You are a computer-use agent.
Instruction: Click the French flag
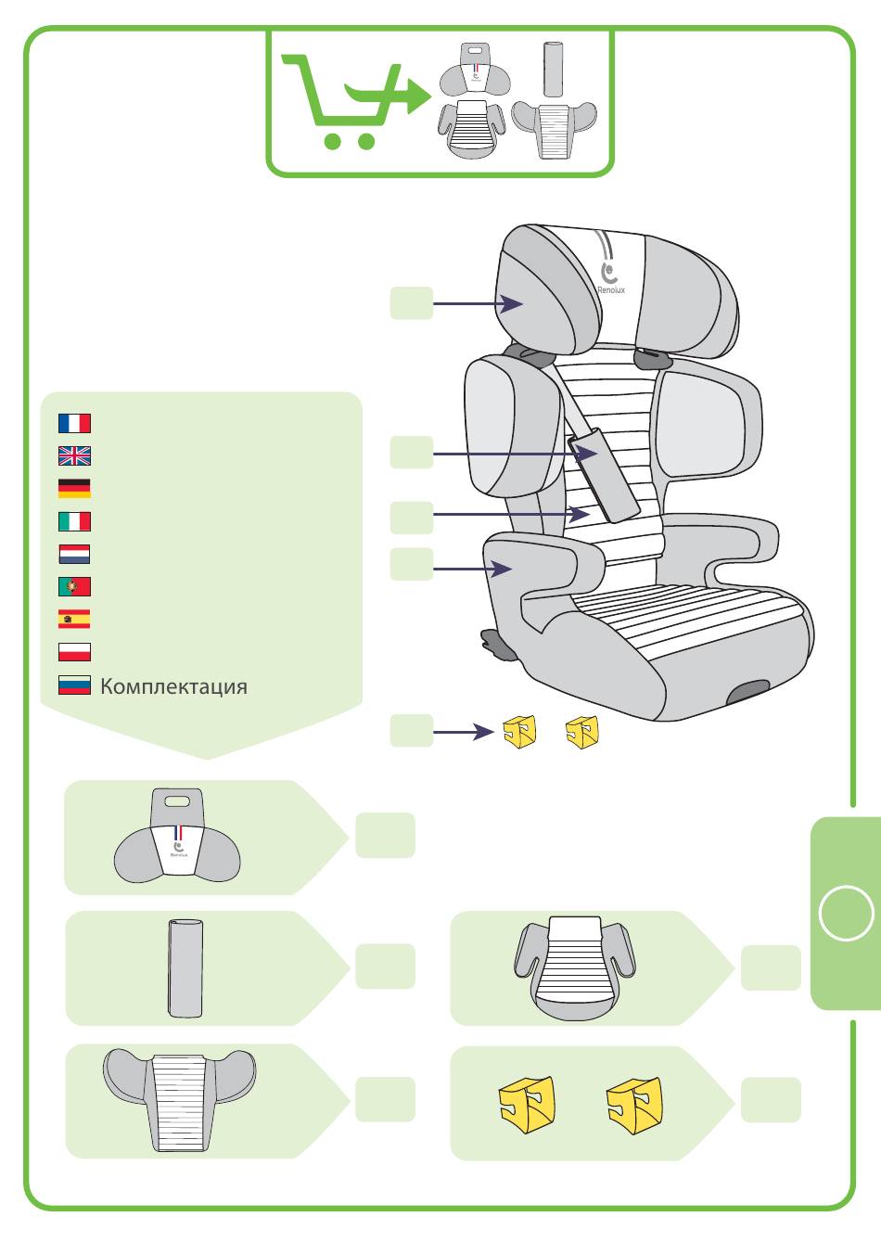[x=74, y=423]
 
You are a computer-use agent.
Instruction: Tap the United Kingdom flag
[x=74, y=455]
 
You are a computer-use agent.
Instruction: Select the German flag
[x=74, y=488]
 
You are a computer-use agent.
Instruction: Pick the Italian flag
[x=74, y=521]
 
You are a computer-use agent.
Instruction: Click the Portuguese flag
[x=74, y=586]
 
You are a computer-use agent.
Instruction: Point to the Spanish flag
[x=74, y=619]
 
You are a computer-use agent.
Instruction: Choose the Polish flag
[x=74, y=651]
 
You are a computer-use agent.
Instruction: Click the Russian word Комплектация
[x=173, y=686]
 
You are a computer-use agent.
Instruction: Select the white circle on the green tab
[x=846, y=913]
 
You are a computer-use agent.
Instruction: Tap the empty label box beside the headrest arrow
[x=411, y=303]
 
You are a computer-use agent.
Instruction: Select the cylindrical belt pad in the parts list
[x=185, y=967]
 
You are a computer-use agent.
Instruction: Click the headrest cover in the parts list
[x=177, y=839]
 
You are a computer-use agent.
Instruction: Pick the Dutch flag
[x=74, y=554]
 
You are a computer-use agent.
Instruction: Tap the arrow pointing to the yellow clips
[x=463, y=732]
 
